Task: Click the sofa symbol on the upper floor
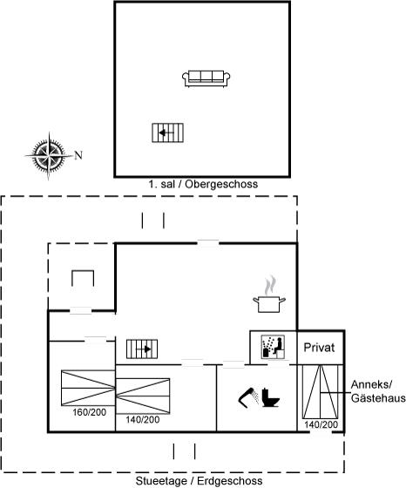click(206, 78)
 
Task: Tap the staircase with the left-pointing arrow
click(167, 132)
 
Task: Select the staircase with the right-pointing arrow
click(142, 349)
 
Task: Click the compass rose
click(49, 155)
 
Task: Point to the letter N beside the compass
click(78, 155)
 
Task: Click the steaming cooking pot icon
click(269, 295)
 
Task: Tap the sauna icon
click(273, 347)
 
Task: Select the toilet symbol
click(270, 397)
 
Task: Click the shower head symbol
click(248, 397)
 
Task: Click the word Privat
click(319, 348)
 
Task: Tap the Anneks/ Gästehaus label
click(378, 391)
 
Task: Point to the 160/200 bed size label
click(89, 412)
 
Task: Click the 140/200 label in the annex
click(321, 424)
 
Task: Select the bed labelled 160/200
click(88, 388)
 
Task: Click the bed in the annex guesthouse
click(320, 392)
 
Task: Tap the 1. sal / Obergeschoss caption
click(203, 184)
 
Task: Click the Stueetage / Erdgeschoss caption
click(200, 481)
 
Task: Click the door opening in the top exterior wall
click(208, 243)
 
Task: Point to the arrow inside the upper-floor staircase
click(166, 132)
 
